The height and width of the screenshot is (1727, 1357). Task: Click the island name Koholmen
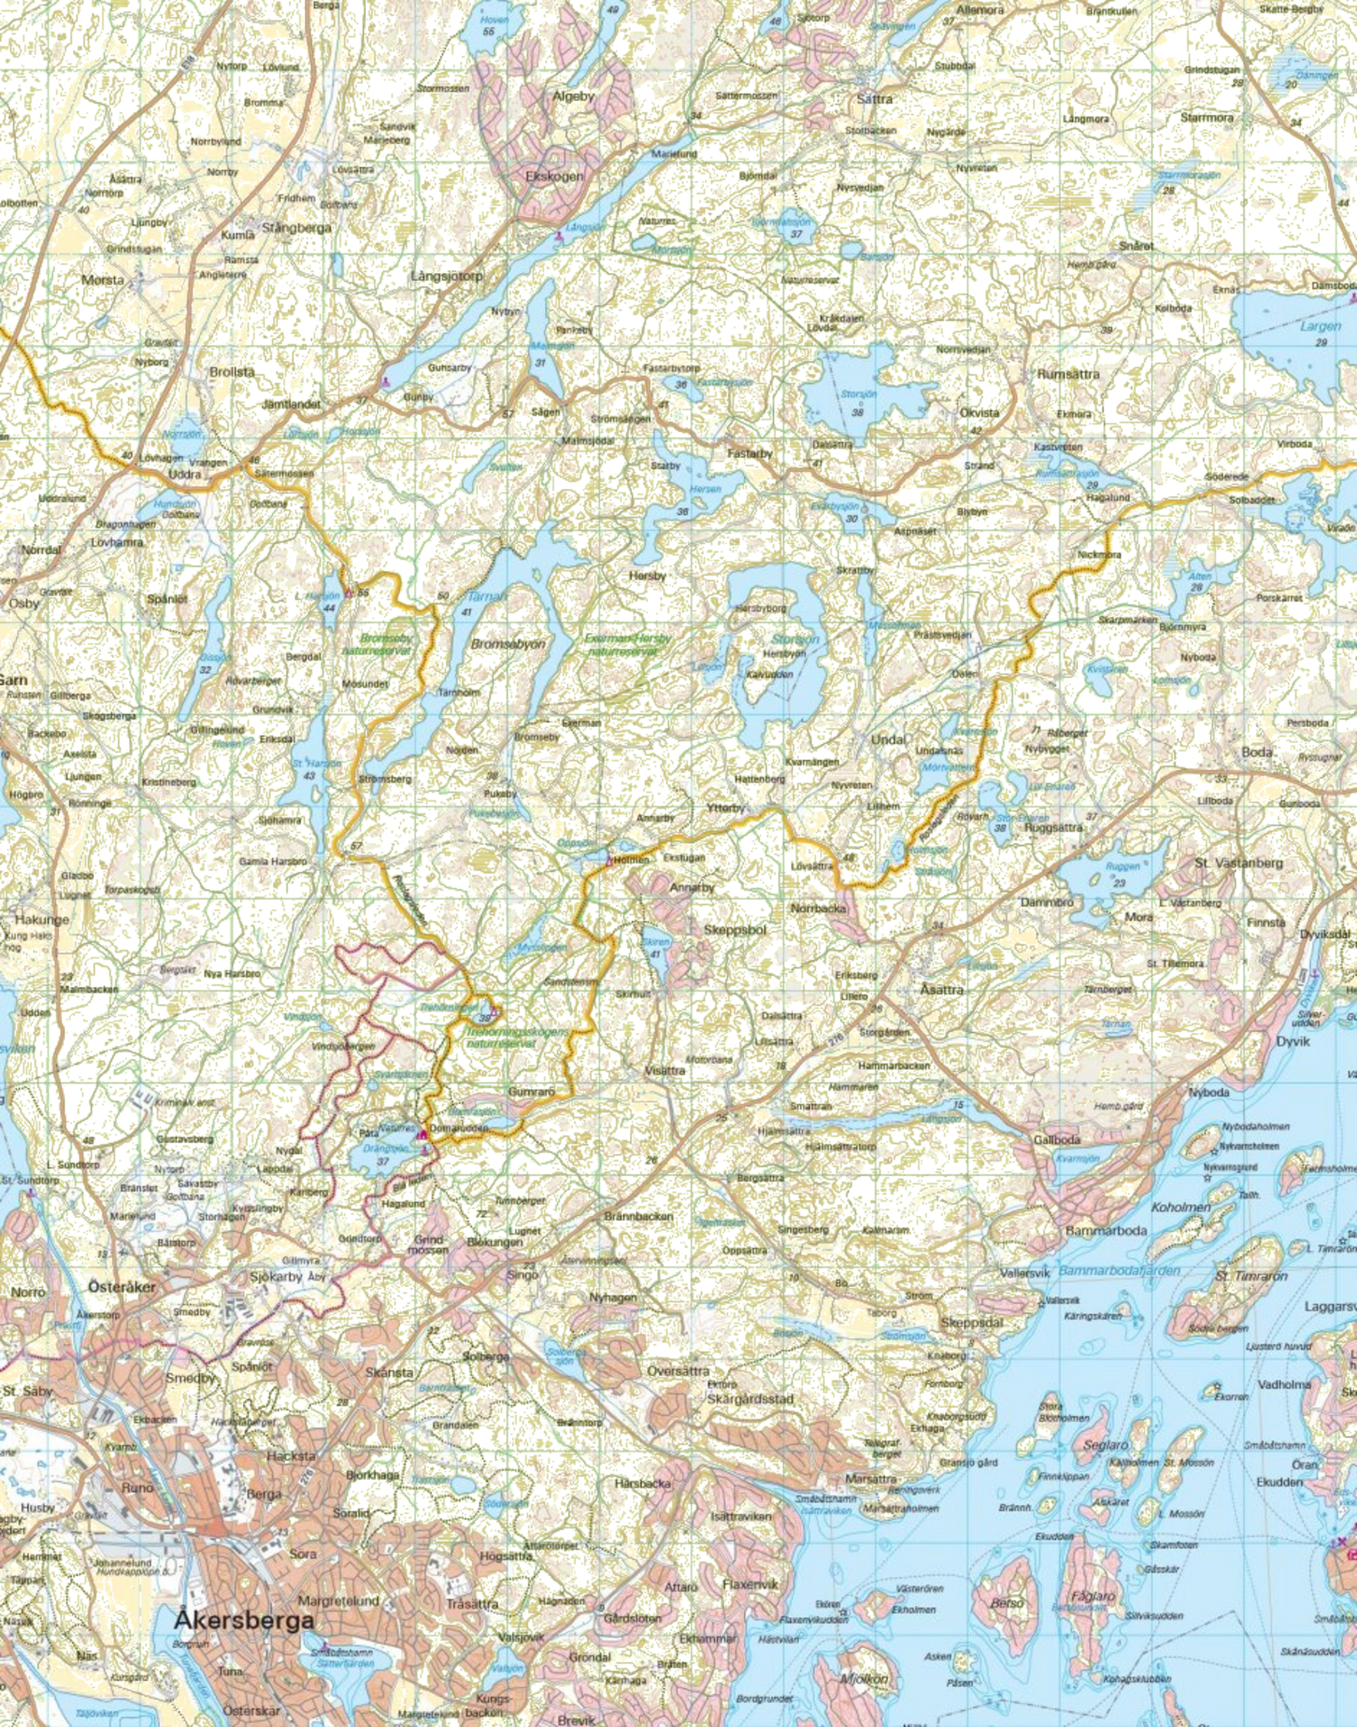click(1181, 1206)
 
